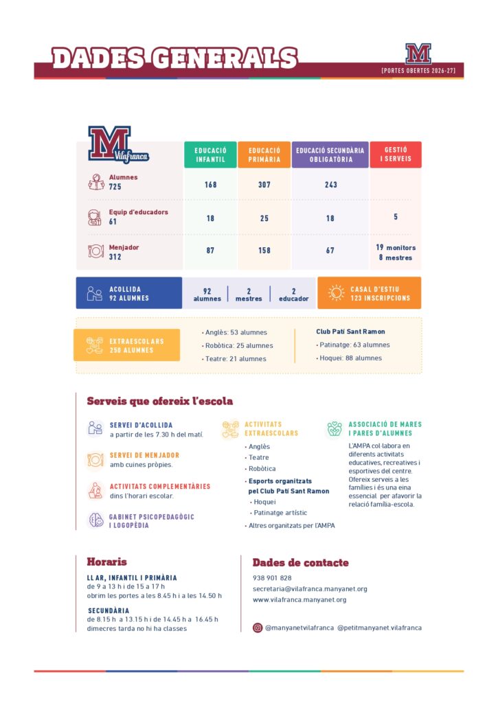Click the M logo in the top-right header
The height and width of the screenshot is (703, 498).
point(418,54)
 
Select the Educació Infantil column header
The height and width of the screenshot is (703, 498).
point(210,154)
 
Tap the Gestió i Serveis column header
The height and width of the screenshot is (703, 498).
point(396,154)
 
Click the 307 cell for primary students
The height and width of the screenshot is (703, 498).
point(264,185)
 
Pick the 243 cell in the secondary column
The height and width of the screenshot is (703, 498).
point(330,185)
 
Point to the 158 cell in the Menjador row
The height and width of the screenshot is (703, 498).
point(264,251)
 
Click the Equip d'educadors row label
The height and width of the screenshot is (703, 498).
point(138,212)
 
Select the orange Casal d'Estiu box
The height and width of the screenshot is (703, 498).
point(369,293)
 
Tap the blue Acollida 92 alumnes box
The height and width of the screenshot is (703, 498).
point(128,293)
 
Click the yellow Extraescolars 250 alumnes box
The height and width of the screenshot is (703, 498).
point(126,345)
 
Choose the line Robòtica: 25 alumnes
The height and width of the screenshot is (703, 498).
point(238,345)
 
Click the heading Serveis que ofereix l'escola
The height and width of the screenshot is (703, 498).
point(159,401)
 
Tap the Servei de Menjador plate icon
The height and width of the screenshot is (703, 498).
point(95,459)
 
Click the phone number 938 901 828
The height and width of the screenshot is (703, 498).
point(272,578)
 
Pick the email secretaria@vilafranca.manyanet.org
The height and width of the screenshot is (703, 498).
point(310,588)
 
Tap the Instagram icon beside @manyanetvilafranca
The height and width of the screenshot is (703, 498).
point(258,627)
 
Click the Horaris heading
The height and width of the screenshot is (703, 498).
point(106,562)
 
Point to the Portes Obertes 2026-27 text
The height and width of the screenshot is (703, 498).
point(418,71)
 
